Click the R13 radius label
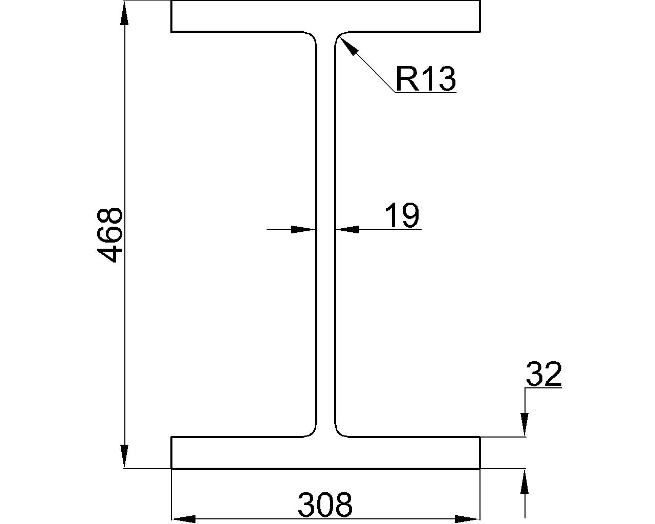425,79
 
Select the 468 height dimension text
110,235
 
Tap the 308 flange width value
325,505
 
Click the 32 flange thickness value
543,375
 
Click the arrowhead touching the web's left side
303,230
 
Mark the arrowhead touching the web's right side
347,230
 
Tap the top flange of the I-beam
325,16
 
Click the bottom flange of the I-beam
325,452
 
